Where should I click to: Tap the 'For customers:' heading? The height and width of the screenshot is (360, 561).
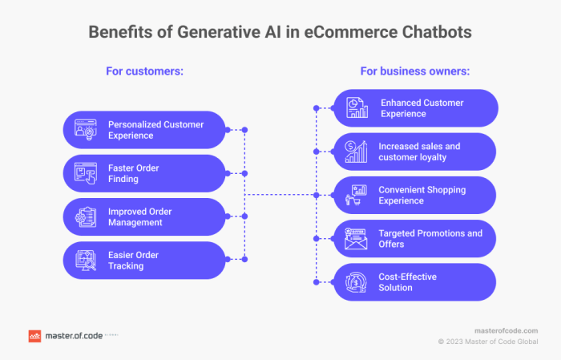click(145, 71)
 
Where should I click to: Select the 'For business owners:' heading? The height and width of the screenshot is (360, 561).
click(415, 71)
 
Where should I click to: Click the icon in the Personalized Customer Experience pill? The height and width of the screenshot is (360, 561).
click(85, 130)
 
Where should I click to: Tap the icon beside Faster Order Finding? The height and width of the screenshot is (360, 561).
click(85, 173)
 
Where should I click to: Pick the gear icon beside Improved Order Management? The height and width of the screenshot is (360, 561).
click(85, 217)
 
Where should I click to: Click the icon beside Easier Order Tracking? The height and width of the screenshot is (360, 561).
click(85, 261)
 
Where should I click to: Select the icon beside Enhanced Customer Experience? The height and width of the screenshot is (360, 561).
click(357, 108)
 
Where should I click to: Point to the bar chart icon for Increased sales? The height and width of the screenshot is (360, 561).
click(357, 152)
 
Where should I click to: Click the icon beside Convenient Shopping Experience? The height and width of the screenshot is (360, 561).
click(357, 195)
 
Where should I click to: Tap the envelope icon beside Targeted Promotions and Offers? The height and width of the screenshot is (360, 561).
click(357, 239)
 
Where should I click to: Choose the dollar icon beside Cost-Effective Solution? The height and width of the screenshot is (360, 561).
click(357, 282)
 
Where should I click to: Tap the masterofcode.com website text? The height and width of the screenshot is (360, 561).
click(506, 330)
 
